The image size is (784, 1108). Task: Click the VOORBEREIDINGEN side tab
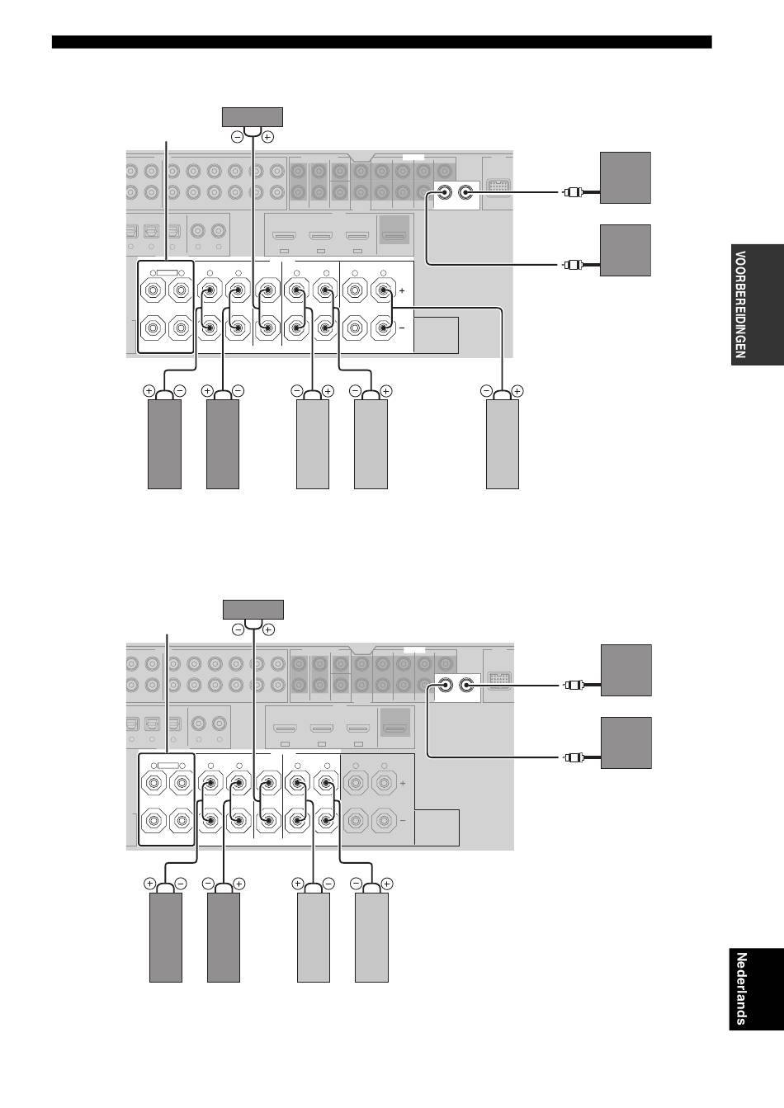[756, 304]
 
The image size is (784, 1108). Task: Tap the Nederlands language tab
[756, 988]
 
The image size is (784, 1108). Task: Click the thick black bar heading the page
[381, 42]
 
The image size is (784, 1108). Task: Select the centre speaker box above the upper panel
[253, 117]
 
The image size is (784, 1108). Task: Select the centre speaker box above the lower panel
[253, 610]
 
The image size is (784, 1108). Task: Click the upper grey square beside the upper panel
[626, 177]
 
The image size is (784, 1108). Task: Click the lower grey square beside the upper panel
[626, 250]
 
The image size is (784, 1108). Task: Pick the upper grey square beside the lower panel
[626, 670]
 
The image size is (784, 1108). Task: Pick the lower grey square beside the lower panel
[626, 743]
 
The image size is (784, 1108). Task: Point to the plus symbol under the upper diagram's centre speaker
[267, 137]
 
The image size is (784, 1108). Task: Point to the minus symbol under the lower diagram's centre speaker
[238, 630]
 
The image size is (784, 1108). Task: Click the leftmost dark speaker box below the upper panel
[164, 444]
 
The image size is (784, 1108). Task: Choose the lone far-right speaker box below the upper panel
[503, 444]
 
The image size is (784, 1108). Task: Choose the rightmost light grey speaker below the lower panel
[371, 937]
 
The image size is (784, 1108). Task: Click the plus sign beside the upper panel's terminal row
[402, 291]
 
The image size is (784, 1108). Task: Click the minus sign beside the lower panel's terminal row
[403, 821]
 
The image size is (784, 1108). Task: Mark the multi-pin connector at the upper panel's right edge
[497, 186]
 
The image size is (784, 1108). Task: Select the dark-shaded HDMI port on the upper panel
[394, 230]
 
